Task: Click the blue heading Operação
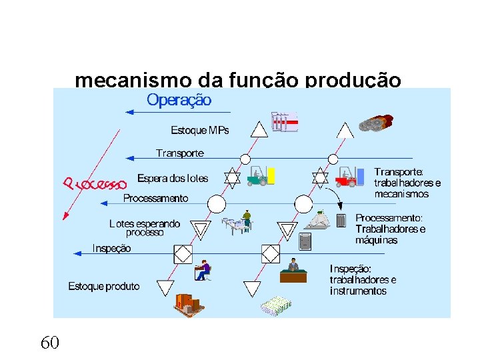179,101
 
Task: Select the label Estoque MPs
199,130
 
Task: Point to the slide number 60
50,343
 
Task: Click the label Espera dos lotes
173,178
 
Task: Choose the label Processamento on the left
155,198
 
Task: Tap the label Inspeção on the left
111,248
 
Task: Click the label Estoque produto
104,286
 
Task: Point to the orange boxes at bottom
187,303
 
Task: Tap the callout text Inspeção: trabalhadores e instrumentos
363,280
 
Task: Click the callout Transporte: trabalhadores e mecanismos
407,183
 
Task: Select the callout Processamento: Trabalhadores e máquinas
390,229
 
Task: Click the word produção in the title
353,81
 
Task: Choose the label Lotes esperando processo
145,228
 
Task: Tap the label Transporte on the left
180,153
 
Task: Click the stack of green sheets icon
276,306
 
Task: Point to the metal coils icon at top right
375,123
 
